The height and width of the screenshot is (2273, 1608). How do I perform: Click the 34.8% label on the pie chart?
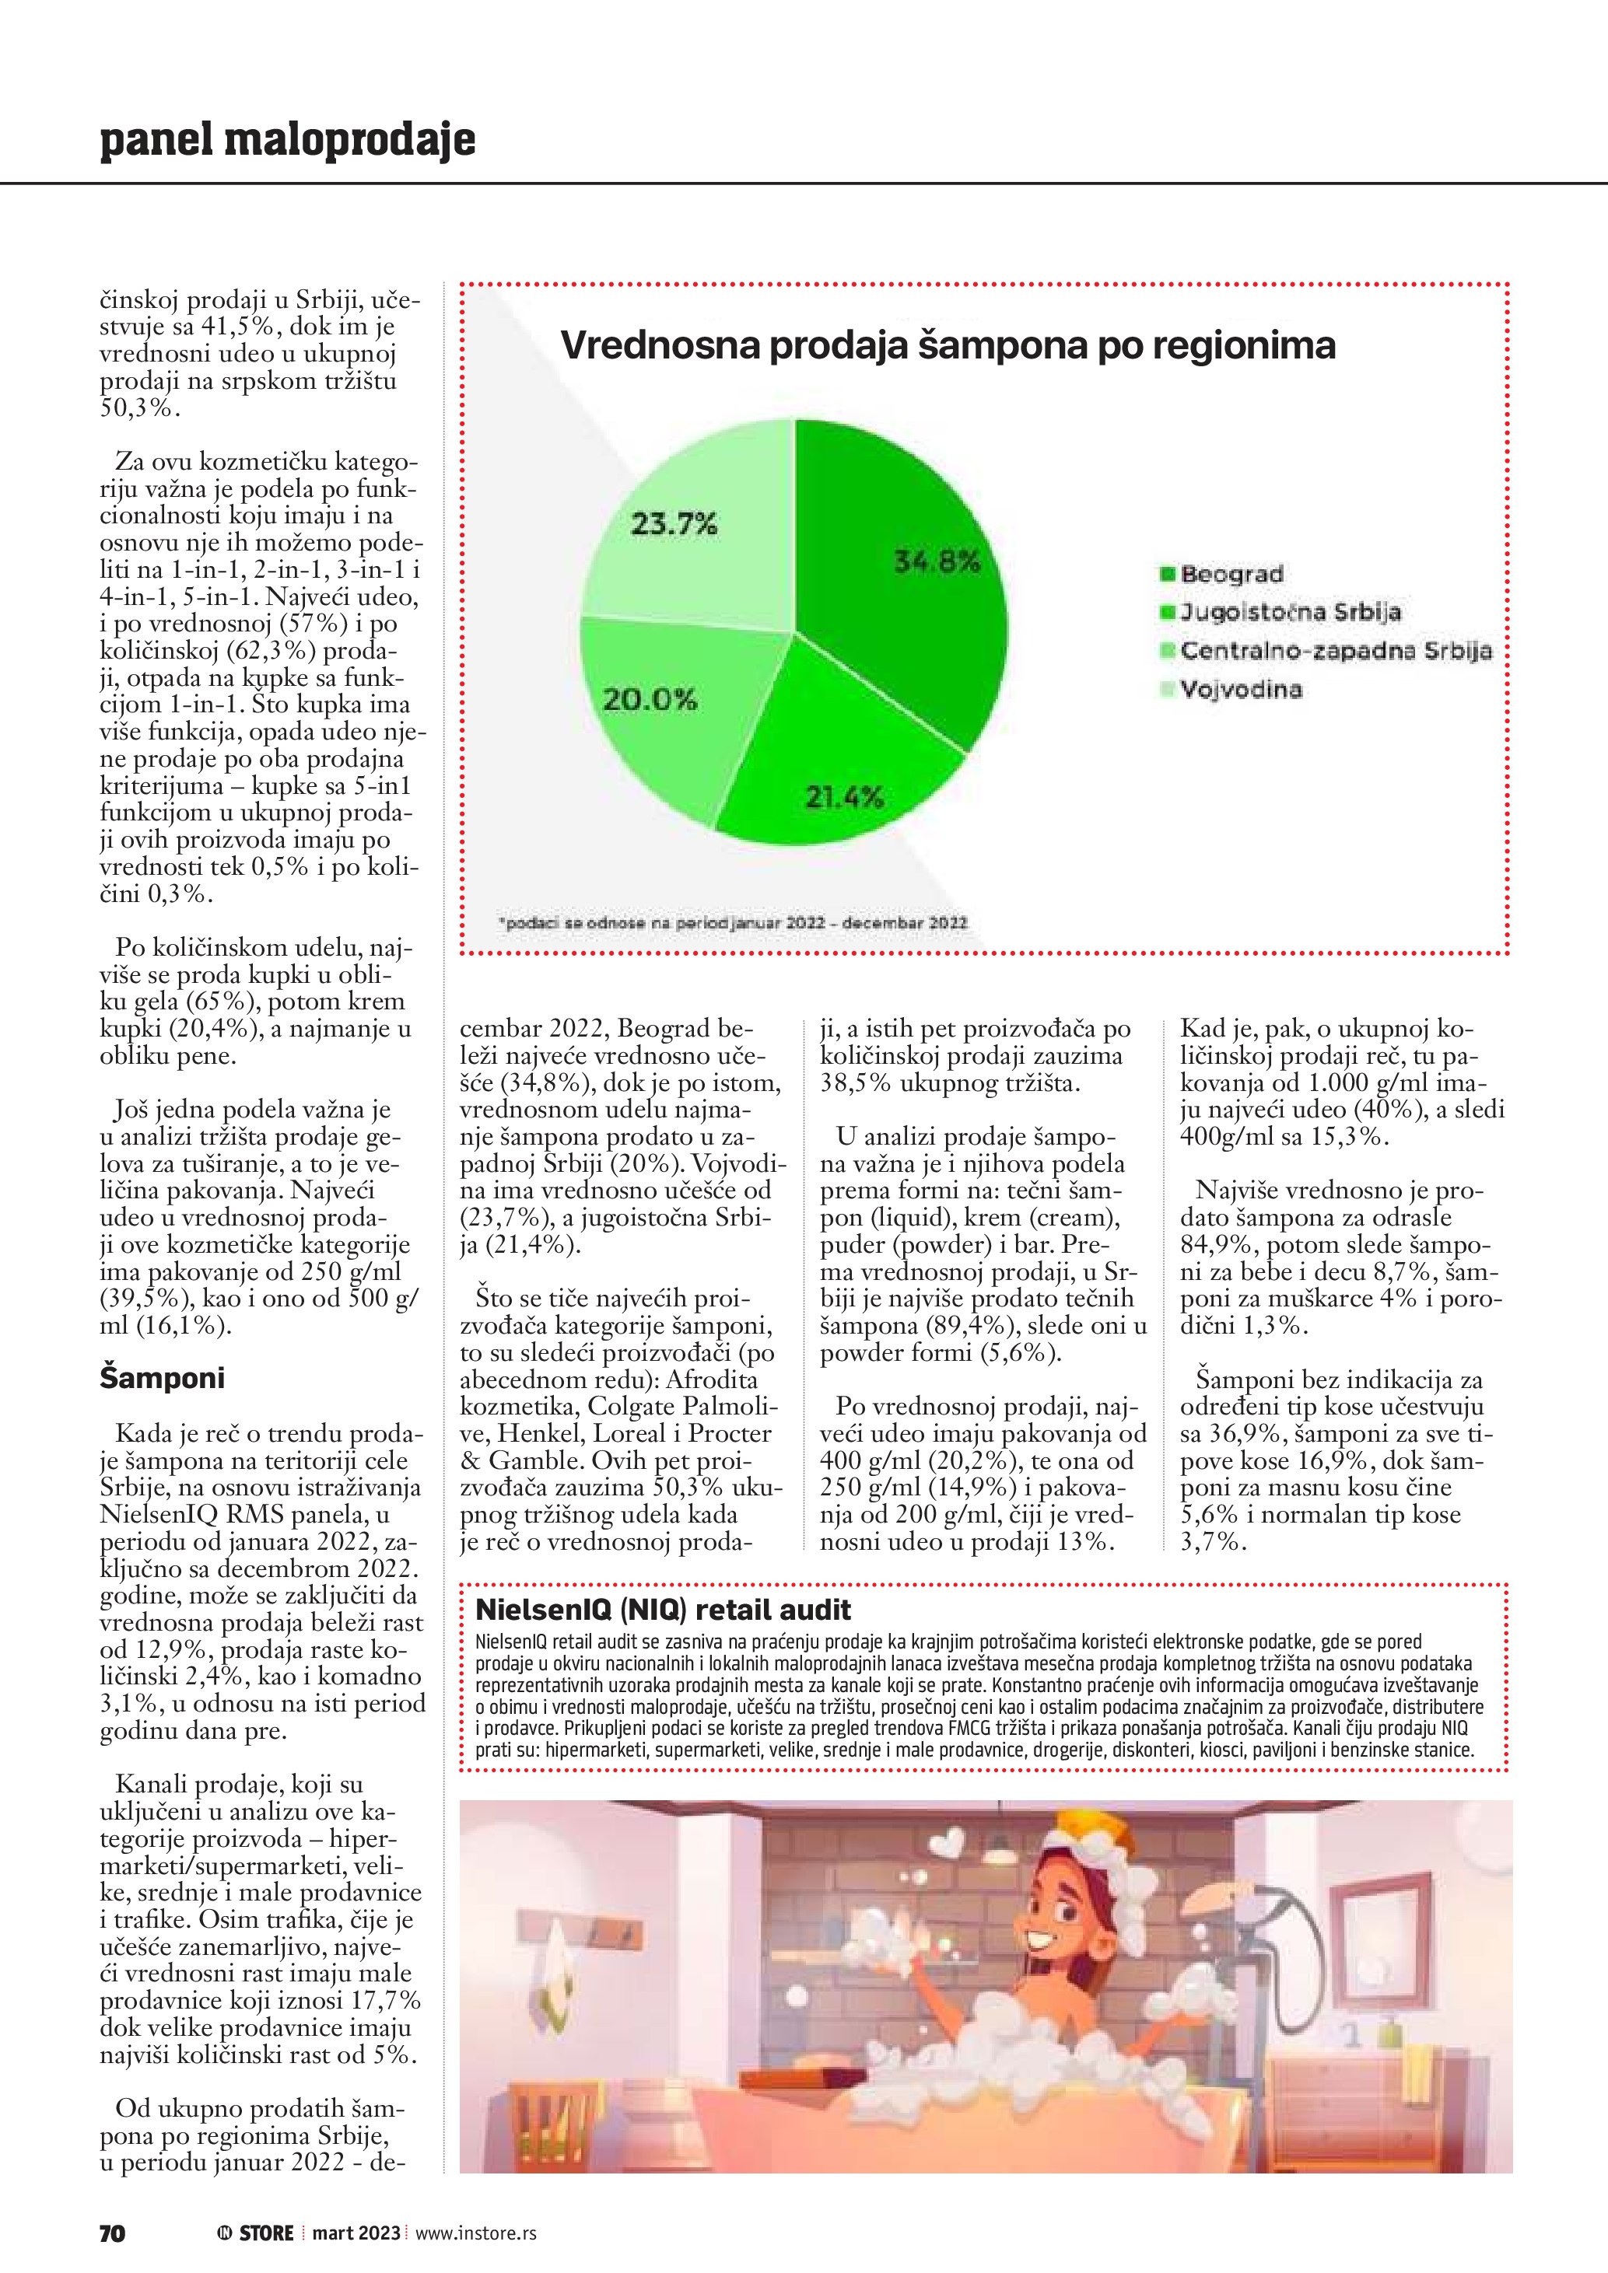pos(937,562)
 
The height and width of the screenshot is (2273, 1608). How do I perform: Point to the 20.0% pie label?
pos(650,700)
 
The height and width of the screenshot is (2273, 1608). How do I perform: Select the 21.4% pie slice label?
pos(843,797)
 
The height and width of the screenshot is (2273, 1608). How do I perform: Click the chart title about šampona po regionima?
pos(948,345)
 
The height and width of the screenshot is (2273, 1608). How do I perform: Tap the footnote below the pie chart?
pos(732,921)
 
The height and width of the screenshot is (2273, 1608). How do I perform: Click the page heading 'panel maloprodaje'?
pos(287,141)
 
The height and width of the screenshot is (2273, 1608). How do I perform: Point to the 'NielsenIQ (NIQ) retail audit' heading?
pos(664,1609)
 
